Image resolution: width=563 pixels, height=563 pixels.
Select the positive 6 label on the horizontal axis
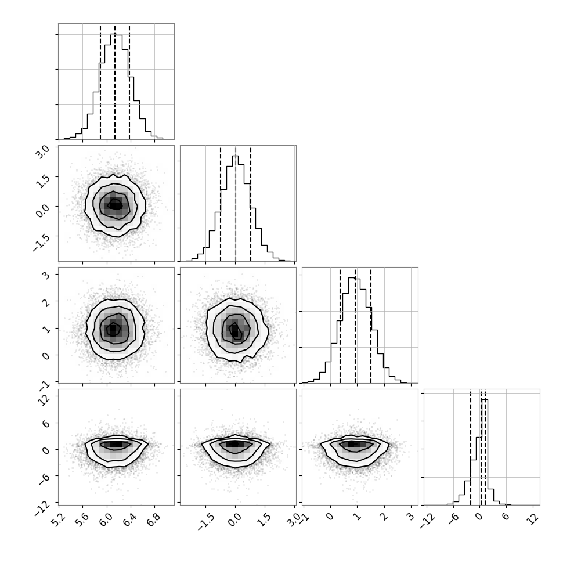506,517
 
